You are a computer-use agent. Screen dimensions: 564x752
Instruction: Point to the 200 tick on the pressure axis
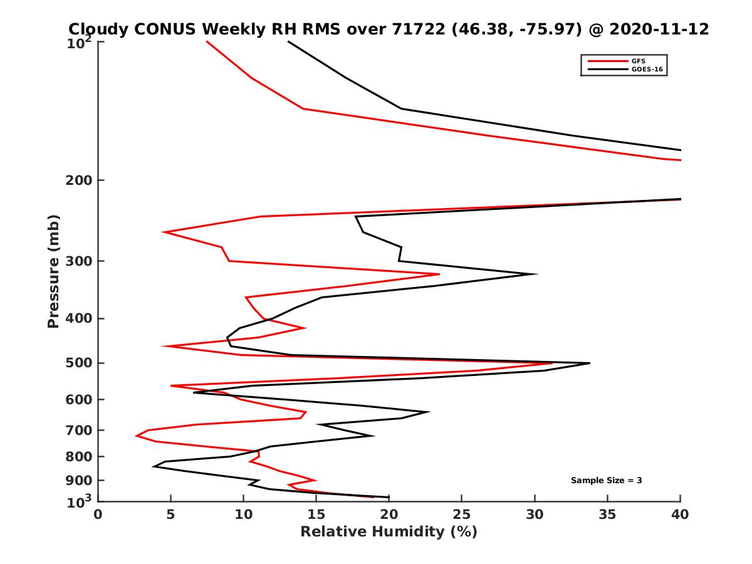point(79,180)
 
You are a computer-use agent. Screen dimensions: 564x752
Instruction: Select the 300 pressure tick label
point(79,261)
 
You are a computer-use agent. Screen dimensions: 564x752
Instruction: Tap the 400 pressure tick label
point(79,318)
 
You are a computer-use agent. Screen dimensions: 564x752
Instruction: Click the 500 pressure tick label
point(79,363)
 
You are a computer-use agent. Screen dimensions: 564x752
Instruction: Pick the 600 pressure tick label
point(79,399)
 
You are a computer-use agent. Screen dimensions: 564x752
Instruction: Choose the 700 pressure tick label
point(79,430)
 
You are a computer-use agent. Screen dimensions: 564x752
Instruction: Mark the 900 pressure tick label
point(79,480)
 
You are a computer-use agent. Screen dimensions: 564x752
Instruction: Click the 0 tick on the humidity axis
point(98,514)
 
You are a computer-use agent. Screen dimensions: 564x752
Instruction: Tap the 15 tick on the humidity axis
point(316,514)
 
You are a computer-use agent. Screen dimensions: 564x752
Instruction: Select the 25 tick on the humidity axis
point(462,514)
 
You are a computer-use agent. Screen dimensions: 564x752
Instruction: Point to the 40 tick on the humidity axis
point(680,514)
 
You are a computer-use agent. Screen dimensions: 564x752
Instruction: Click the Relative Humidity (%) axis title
point(389,532)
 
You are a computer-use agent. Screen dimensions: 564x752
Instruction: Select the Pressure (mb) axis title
point(53,271)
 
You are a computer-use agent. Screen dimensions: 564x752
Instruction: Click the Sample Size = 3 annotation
point(606,481)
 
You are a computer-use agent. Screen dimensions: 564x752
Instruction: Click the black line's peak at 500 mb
point(589,363)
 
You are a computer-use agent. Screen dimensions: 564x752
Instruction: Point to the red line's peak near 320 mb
point(439,274)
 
